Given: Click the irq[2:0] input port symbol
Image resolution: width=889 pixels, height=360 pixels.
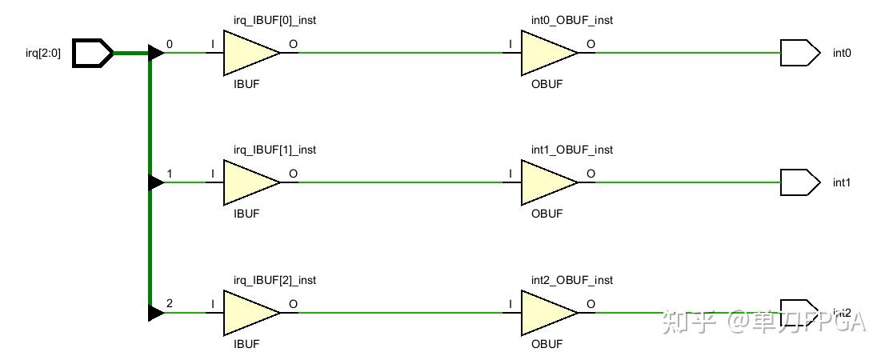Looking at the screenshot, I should coord(93,54).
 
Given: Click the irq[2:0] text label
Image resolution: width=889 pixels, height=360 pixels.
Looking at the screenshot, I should coord(43,54).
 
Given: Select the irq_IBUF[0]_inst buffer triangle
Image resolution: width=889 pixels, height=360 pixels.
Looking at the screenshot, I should coord(248,54).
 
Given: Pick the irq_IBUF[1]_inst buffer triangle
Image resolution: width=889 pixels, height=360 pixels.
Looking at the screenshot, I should coord(248,182).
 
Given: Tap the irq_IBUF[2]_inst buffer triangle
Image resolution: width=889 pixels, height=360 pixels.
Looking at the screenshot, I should coord(248,312).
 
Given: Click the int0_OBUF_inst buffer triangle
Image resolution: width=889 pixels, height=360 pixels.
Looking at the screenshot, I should coord(546,54).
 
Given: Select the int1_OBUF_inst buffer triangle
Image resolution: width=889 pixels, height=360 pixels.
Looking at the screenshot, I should coord(546,182).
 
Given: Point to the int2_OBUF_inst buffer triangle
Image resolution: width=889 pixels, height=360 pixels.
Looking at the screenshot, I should coord(546,312).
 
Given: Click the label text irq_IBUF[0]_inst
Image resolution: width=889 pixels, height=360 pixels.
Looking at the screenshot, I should coord(274,20).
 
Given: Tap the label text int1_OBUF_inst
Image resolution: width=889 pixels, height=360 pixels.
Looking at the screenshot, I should coord(572,150).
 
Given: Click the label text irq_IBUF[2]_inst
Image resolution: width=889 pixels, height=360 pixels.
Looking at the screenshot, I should coord(274,280).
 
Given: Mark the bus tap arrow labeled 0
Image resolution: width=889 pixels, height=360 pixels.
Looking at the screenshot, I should coord(156,54).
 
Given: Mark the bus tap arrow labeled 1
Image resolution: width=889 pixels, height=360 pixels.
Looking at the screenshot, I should coord(156,182).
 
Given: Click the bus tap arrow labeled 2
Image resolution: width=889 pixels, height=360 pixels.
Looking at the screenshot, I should coord(156,312).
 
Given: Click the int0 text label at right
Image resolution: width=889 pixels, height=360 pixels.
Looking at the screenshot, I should coord(842,54).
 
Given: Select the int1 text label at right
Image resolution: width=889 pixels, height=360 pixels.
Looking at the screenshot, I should coord(842,183).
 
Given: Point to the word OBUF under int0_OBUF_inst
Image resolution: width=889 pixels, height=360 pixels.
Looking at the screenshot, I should coord(547,84).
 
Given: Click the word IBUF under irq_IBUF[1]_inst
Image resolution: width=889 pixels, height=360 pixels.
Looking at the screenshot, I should coord(246,214).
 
